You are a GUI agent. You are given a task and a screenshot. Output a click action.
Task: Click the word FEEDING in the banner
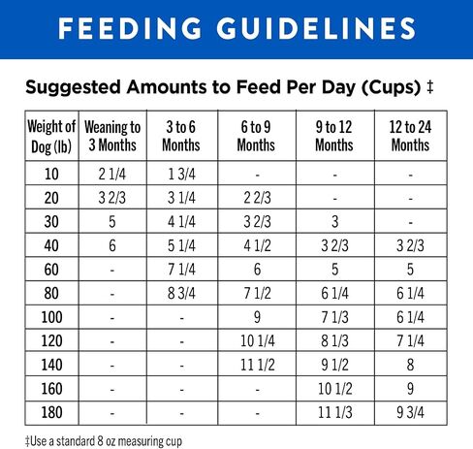tap(130, 28)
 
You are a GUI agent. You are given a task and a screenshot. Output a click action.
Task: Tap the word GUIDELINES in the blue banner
tap(316, 28)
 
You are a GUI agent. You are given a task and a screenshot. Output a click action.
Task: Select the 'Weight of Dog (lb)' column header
tap(51, 136)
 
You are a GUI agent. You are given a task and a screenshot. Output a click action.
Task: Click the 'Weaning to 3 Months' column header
tap(112, 136)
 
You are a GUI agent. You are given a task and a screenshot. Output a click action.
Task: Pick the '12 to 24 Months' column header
tap(410, 136)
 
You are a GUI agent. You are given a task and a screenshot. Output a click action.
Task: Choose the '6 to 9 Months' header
tap(256, 136)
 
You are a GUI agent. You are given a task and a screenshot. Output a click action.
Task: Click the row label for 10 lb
tap(51, 174)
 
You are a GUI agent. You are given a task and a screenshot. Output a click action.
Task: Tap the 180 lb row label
tap(51, 412)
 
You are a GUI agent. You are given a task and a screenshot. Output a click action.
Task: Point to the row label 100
tap(51, 317)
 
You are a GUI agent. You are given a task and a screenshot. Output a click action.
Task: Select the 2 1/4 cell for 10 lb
tap(112, 174)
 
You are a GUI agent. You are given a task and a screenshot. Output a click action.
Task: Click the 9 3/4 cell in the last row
tap(410, 412)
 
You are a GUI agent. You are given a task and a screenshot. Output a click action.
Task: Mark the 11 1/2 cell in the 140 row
tap(258, 365)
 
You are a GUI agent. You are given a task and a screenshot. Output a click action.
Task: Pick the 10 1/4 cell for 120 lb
tap(258, 341)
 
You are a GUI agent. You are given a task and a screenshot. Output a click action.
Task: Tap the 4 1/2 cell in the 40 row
tap(258, 245)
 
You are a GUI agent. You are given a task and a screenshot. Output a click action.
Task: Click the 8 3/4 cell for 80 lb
tap(181, 293)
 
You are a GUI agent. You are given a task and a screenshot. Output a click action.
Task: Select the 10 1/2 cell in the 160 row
tap(335, 389)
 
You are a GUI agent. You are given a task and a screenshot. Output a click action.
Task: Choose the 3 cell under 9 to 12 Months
tap(335, 222)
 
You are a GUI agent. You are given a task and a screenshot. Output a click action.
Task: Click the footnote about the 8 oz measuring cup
tap(104, 441)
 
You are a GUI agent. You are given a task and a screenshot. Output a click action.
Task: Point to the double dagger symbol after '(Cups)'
tap(429, 87)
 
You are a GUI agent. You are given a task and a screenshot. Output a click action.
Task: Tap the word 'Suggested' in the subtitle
tap(74, 87)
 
